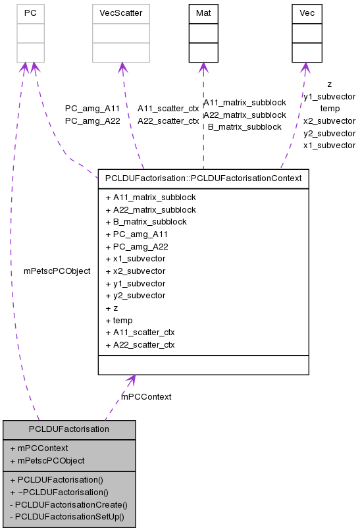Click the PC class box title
tap(30, 13)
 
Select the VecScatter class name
tap(120, 13)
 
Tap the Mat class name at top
tap(203, 13)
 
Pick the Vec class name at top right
tap(307, 13)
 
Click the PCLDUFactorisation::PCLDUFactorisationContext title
tap(203, 178)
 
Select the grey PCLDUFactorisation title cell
tap(69, 429)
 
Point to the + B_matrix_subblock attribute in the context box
tap(145, 222)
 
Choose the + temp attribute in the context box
tap(118, 321)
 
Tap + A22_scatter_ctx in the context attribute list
tap(140, 345)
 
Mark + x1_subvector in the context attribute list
tap(135, 259)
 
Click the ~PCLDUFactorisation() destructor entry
tap(59, 492)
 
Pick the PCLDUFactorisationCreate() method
tap(68, 504)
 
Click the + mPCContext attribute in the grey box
tap(43, 448)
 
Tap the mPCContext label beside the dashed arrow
tap(146, 396)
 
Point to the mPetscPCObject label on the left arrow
tap(57, 271)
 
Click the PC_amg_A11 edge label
tap(92, 109)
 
